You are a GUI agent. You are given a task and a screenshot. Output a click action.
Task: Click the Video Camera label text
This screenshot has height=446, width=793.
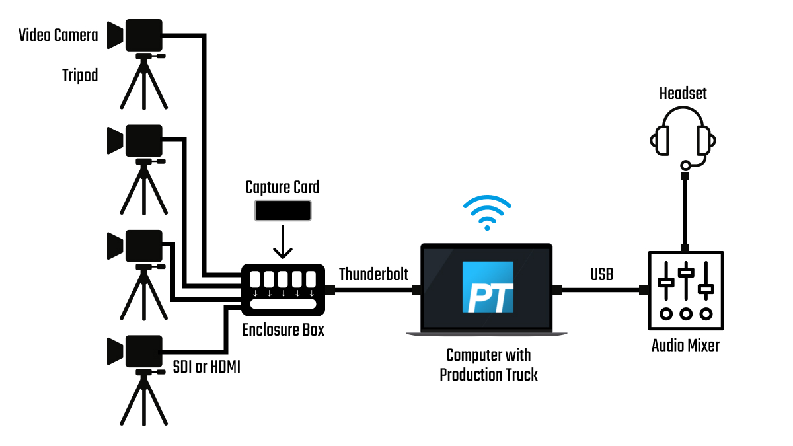(58, 35)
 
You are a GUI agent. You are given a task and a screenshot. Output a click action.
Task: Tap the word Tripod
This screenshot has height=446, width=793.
(80, 75)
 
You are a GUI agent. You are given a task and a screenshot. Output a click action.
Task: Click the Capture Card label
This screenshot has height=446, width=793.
(282, 187)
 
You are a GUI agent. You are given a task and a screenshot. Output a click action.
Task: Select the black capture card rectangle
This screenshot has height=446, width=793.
(283, 211)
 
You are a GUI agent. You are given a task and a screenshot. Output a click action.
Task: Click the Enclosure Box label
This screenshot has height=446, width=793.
(283, 329)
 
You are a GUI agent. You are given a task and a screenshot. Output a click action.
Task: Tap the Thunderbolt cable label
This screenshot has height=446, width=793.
(373, 274)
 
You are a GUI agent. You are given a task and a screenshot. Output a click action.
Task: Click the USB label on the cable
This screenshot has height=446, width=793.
(601, 274)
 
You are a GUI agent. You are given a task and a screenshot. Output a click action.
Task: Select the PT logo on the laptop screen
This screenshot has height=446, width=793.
(488, 287)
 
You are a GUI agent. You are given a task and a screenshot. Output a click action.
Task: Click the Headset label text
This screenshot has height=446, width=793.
(683, 93)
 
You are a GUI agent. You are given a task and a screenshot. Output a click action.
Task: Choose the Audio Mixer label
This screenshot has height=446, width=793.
(685, 344)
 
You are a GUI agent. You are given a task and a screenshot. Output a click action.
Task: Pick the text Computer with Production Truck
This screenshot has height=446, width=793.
(488, 365)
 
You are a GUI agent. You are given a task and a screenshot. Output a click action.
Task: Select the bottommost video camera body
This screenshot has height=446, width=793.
(143, 351)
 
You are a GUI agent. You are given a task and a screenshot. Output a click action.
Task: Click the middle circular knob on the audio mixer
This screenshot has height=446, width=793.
(686, 314)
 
